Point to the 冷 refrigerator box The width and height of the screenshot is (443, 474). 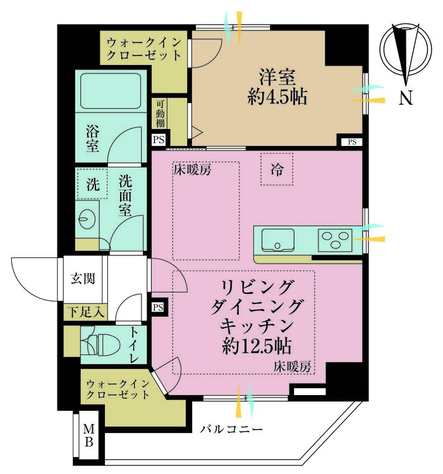[x=277, y=169]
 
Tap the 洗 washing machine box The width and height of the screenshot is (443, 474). [x=93, y=185]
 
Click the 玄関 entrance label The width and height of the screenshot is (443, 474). [x=82, y=279]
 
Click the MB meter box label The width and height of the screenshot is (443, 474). [x=89, y=435]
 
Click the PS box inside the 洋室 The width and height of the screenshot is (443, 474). [x=351, y=142]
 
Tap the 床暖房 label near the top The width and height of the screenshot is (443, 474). [x=193, y=169]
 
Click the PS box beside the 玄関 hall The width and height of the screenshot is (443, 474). [x=157, y=307]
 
